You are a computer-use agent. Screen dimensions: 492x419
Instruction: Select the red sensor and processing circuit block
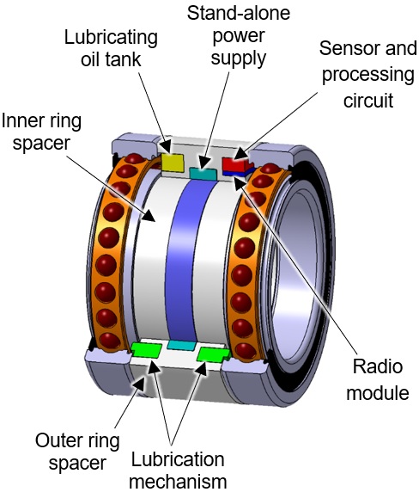coord(234,163)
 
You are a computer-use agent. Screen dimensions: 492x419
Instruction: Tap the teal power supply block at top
coord(202,174)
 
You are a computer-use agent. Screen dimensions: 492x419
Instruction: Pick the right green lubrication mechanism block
coord(209,352)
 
